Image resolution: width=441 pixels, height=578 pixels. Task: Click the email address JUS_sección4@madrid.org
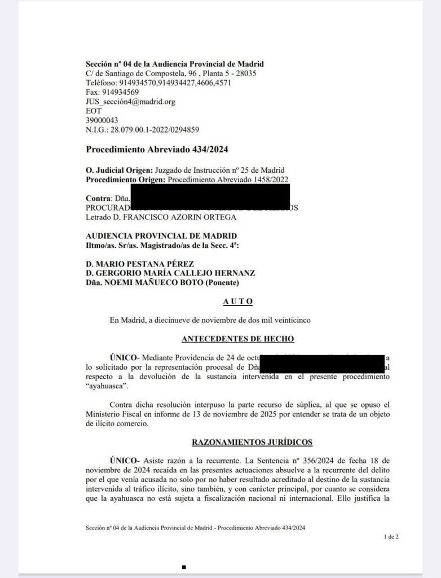(x=130, y=102)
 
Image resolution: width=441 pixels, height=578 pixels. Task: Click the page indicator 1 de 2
(x=391, y=537)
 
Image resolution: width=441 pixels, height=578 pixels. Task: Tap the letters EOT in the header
(x=93, y=111)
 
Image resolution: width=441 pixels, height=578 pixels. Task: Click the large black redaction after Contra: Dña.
(x=210, y=196)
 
